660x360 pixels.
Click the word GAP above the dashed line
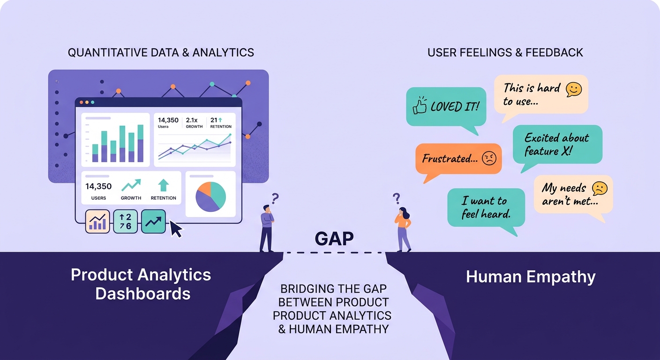tap(334, 239)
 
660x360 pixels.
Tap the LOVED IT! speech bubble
tap(446, 107)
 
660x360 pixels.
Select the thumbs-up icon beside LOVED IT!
tap(420, 107)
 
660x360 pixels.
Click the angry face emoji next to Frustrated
tap(488, 158)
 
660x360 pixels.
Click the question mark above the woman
tap(397, 198)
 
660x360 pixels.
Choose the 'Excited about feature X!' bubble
tap(557, 144)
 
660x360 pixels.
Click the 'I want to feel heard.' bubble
tap(486, 207)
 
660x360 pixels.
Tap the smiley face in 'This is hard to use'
tap(574, 89)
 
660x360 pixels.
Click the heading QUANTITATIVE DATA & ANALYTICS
tap(161, 52)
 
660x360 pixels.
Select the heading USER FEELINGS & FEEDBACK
tap(505, 52)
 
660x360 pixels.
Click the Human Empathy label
tap(531, 277)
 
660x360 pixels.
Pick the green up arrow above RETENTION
tap(163, 185)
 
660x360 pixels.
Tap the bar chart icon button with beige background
tap(97, 221)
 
